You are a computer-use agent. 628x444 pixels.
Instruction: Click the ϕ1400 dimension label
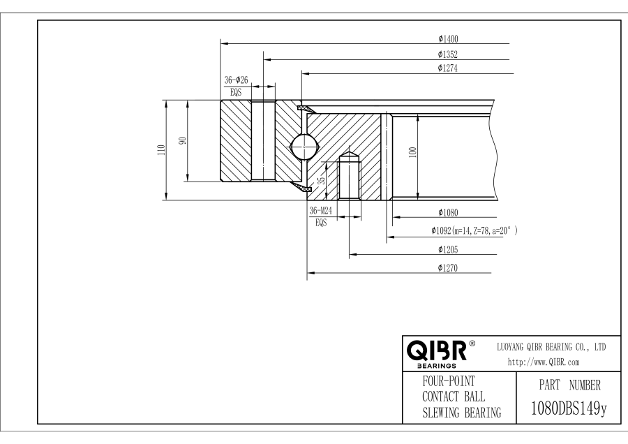[447, 38]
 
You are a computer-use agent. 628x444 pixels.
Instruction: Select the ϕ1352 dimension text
[447, 54]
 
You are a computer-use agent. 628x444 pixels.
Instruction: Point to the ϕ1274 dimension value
[447, 68]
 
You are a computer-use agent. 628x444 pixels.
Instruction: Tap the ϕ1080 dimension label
[447, 212]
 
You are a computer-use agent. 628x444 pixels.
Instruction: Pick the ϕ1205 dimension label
[447, 249]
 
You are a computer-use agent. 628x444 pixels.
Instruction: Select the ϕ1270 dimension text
[447, 267]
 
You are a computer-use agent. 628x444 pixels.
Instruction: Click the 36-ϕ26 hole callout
[236, 80]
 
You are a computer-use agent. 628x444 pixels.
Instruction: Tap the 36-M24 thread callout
[320, 211]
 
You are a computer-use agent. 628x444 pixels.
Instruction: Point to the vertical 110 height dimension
[161, 149]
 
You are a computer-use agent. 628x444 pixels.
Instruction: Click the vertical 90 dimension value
[183, 140]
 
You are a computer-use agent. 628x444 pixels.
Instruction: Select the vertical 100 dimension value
[412, 152]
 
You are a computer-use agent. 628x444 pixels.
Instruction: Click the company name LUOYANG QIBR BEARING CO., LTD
[551, 347]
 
